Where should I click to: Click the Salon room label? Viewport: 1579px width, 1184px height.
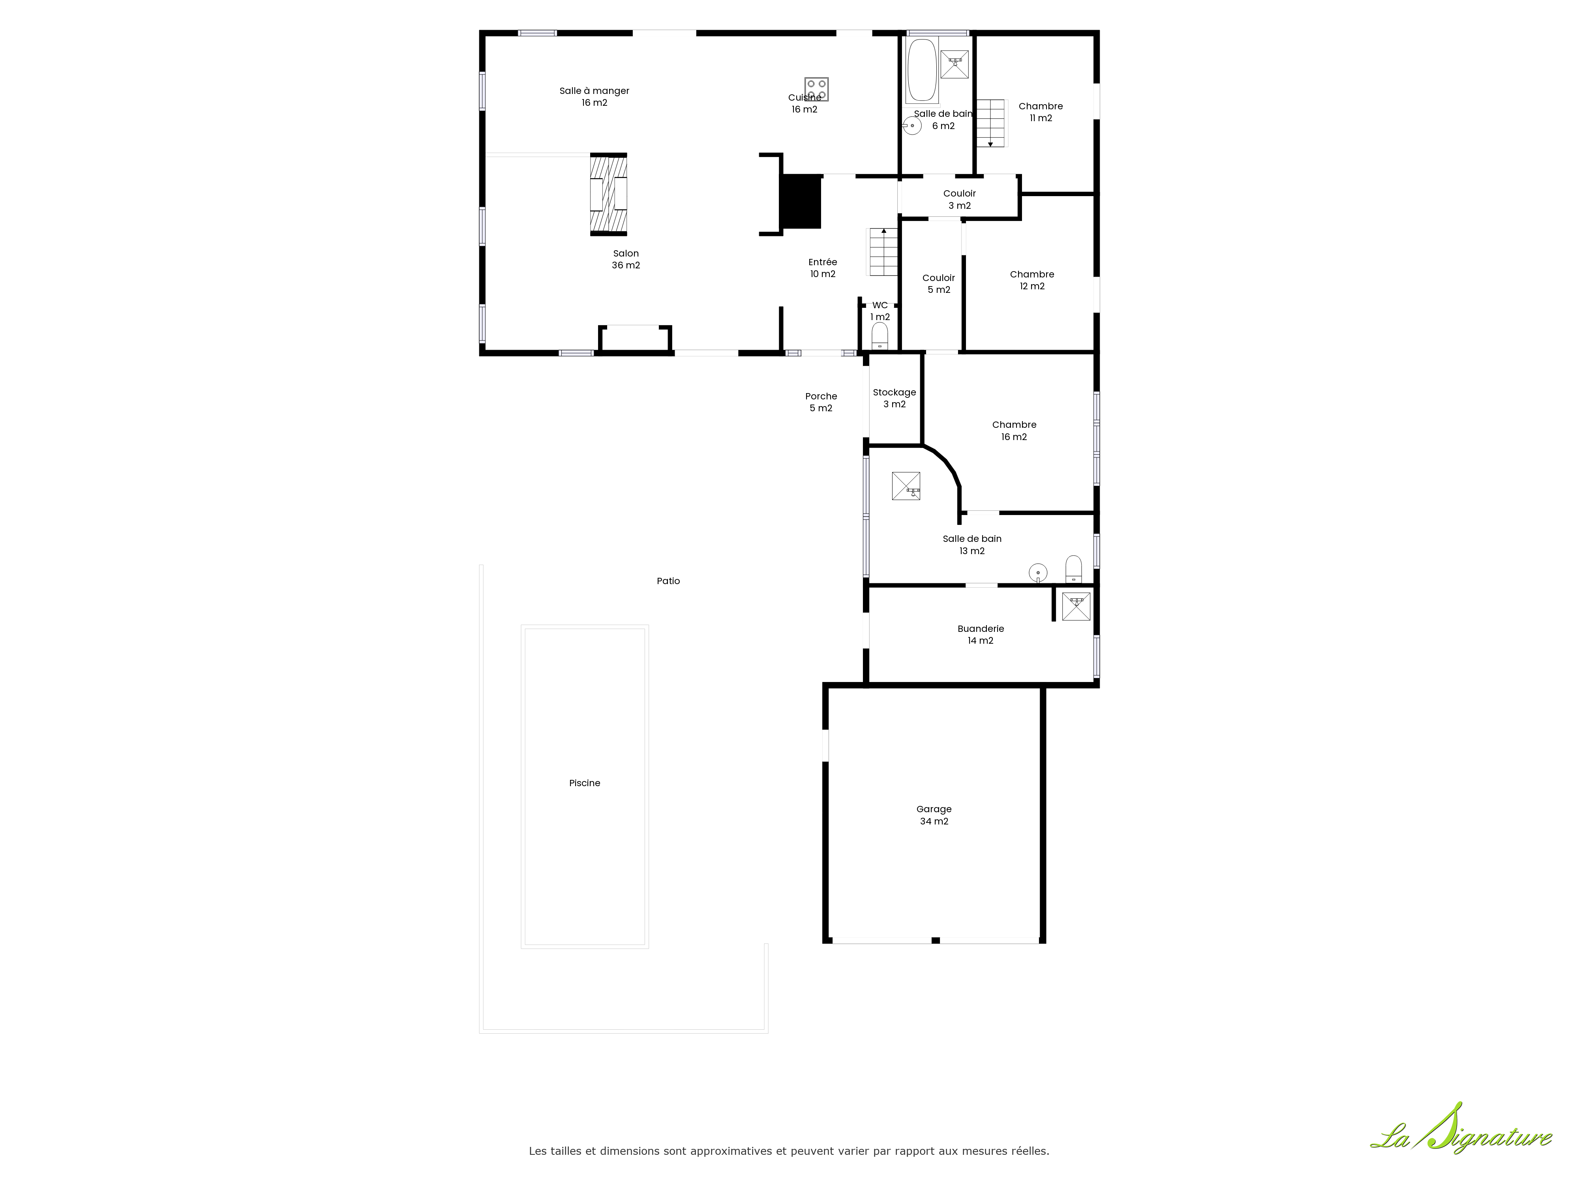point(626,259)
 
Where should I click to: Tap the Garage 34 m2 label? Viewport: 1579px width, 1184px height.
point(934,815)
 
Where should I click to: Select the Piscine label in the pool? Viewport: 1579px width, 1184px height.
point(585,783)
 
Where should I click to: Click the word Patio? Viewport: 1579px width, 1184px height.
point(668,581)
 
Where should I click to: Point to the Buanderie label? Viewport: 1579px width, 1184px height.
point(981,635)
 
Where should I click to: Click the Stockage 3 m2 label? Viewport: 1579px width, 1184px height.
point(895,398)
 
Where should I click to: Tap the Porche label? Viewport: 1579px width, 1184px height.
point(821,402)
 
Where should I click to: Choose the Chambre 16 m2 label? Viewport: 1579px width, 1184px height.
point(1015,430)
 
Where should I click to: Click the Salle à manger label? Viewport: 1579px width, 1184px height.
point(594,96)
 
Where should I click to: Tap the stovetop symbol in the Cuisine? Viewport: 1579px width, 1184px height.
point(817,89)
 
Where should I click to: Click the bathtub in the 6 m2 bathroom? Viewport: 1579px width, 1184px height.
point(922,71)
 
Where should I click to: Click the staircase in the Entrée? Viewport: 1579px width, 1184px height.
point(883,252)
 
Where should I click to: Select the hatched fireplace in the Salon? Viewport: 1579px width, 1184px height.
point(608,194)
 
